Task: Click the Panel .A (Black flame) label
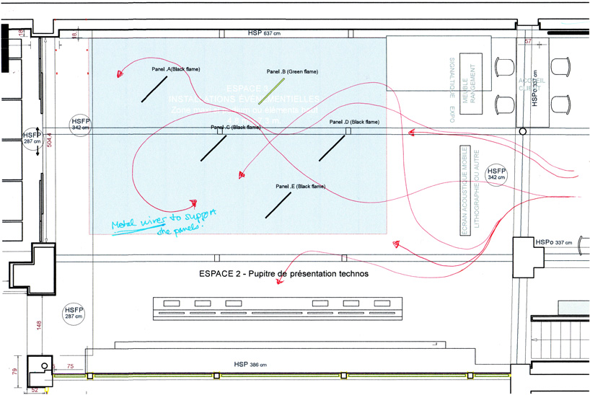point(175,69)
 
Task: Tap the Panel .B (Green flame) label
point(292,72)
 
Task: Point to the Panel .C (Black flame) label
point(236,128)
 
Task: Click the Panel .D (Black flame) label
point(353,123)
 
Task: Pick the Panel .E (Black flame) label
point(300,187)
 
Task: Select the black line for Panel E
point(278,204)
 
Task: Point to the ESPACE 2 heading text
point(283,275)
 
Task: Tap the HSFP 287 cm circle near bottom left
point(74,313)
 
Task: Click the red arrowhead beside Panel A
point(119,72)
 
